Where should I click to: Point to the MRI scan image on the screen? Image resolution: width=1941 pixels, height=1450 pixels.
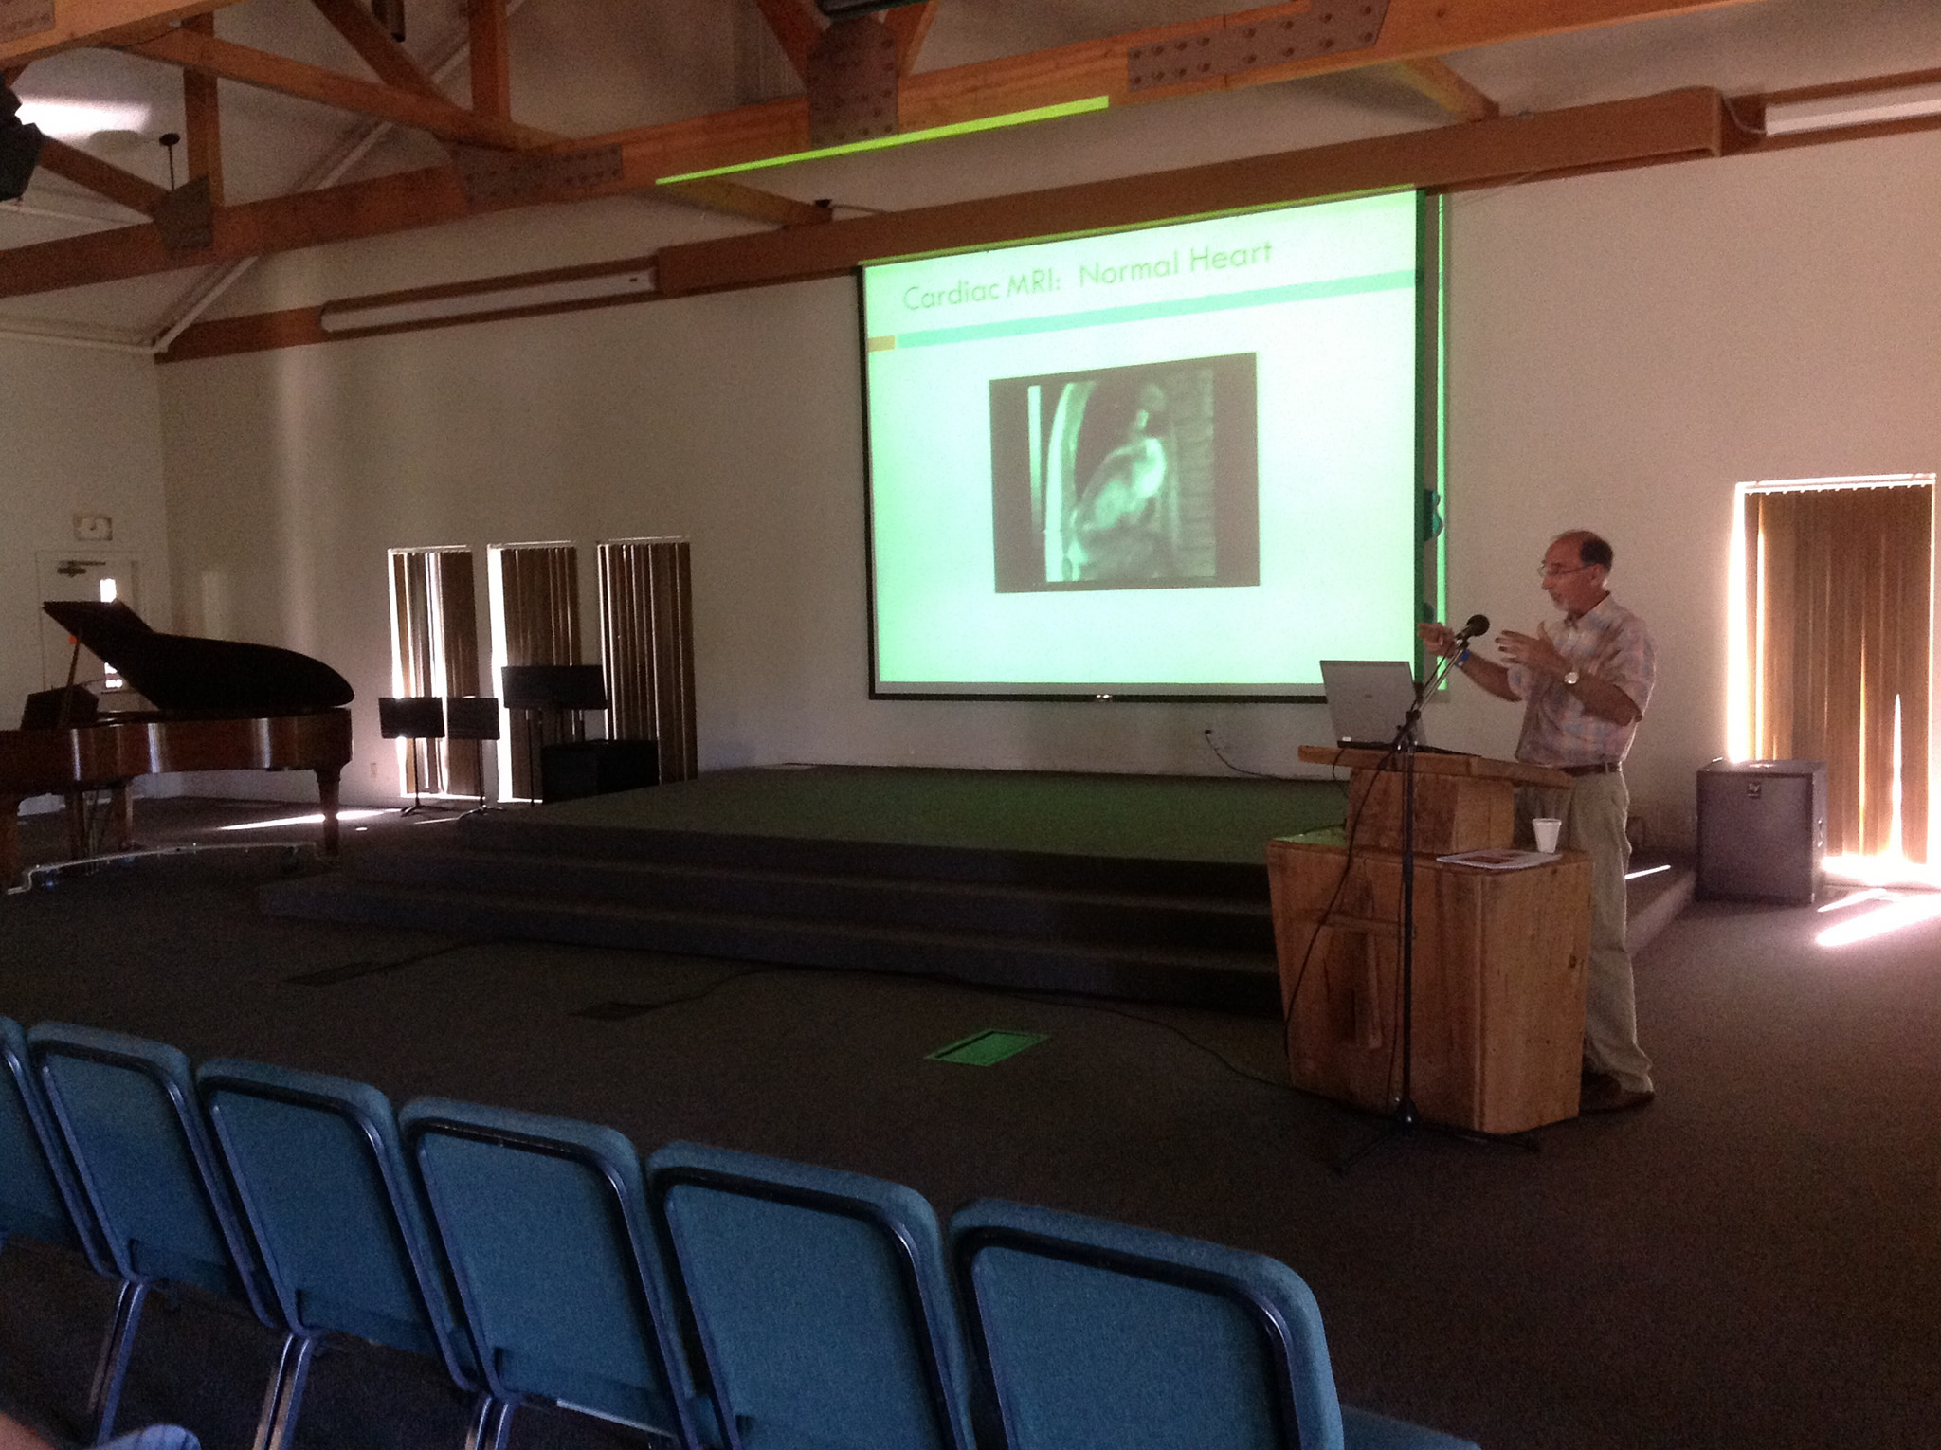point(1124,471)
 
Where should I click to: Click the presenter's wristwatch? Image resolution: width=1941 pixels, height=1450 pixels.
point(1571,677)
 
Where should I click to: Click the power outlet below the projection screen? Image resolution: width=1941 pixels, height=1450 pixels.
point(1208,734)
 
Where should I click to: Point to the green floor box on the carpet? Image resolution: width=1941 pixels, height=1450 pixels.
point(985,1046)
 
